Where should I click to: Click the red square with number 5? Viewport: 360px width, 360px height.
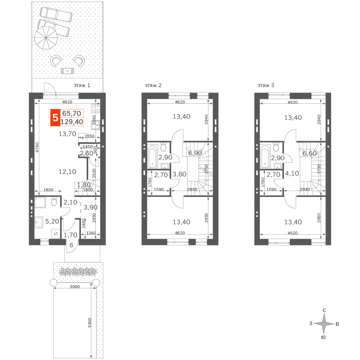point(55,118)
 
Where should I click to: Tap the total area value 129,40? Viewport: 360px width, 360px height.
point(72,122)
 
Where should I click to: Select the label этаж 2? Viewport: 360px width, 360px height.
point(153,85)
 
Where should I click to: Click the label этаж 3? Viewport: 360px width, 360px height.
point(266,85)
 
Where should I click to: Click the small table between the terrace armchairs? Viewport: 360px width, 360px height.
point(68,71)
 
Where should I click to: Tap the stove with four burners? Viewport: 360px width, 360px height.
point(95,108)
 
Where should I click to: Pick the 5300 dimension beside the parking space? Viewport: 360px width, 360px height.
point(90,323)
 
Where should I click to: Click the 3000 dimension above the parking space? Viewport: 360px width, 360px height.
point(75,287)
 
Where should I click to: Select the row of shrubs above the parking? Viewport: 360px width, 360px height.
point(78,272)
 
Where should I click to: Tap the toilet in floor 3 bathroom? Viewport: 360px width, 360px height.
point(276,147)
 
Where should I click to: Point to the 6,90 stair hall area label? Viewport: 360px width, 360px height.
point(195,153)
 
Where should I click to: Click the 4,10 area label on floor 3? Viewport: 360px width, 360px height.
point(292,174)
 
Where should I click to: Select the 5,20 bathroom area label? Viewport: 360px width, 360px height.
point(52,221)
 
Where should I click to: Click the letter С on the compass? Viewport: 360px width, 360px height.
point(324,310)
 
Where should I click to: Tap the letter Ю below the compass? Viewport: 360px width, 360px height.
point(323,338)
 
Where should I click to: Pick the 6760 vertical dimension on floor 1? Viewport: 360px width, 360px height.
point(37,147)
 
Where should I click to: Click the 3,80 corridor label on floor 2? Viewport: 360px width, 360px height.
point(179,174)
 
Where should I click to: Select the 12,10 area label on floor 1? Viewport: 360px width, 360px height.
point(67,171)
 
